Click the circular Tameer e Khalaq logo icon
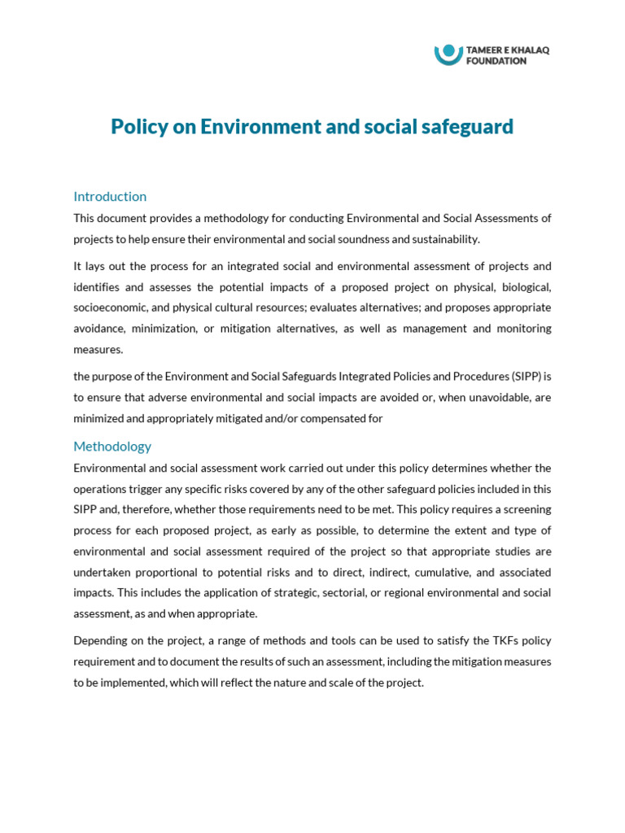(x=448, y=54)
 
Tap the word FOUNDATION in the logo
(x=496, y=61)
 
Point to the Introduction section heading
(x=110, y=196)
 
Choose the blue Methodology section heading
(x=112, y=446)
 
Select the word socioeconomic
(x=108, y=308)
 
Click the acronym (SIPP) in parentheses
(x=528, y=377)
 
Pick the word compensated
(x=321, y=418)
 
